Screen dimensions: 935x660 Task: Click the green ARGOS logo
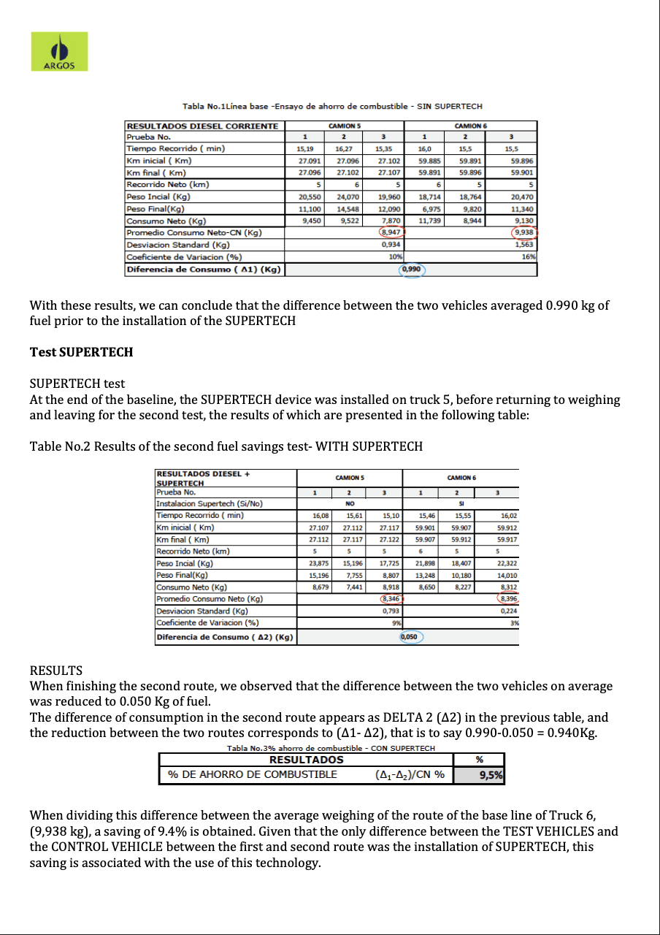[59, 51]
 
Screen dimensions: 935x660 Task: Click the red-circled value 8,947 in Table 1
[391, 232]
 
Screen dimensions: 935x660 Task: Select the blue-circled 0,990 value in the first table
[412, 269]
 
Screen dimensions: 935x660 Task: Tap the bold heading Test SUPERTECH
[81, 352]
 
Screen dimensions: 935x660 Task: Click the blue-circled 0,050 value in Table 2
[412, 636]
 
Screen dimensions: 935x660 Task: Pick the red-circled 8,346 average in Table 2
[391, 598]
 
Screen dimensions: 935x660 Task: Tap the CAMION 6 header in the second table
[461, 477]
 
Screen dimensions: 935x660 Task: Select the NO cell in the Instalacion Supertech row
[350, 503]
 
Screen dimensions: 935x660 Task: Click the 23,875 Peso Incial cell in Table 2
[315, 563]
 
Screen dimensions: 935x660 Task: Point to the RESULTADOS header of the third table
[306, 759]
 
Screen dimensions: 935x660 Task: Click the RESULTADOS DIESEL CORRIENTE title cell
[202, 126]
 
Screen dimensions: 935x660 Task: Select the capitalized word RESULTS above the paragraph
[55, 670]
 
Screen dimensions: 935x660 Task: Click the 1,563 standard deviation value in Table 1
[525, 245]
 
